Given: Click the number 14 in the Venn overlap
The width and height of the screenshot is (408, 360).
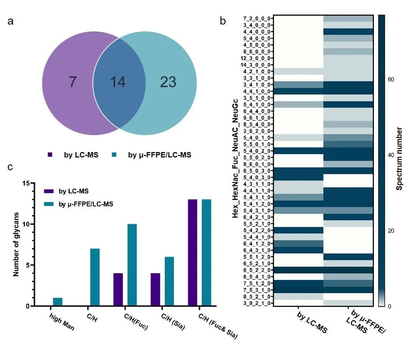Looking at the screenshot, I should (x=118, y=82).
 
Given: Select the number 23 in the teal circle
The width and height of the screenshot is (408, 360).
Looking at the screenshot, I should (x=168, y=82).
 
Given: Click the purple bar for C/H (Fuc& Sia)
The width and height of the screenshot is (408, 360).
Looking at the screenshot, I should (x=193, y=253).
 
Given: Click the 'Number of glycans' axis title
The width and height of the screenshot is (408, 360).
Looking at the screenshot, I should (x=16, y=244).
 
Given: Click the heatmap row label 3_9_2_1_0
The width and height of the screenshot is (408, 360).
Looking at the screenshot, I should (x=257, y=303).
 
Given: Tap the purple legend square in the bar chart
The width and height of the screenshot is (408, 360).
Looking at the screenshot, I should (x=48, y=191).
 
